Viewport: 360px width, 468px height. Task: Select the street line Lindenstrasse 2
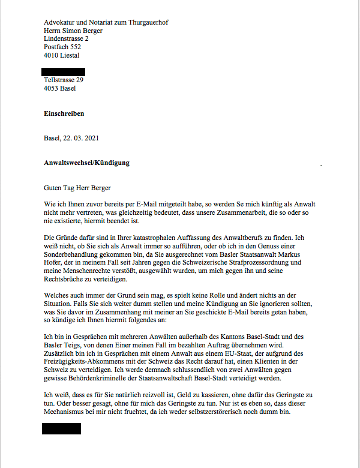[x=66, y=38]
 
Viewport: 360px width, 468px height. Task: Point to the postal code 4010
[x=52, y=55]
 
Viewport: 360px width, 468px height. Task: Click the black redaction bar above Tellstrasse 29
[x=64, y=71]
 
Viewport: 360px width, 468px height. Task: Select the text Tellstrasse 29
[x=64, y=80]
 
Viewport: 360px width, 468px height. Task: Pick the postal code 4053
[x=52, y=88]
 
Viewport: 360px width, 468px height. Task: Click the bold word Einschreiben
[x=64, y=113]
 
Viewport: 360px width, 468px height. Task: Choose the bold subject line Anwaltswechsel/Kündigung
[x=86, y=163]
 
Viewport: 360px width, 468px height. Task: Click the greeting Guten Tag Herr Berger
[x=77, y=187]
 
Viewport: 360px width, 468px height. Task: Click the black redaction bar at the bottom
[x=61, y=428]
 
